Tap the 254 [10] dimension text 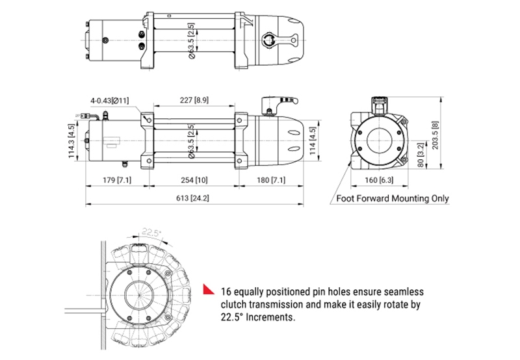194,179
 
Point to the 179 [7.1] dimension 118,179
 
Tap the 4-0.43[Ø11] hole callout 110,100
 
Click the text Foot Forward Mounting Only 392,198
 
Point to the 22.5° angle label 151,232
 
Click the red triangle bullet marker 208,290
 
